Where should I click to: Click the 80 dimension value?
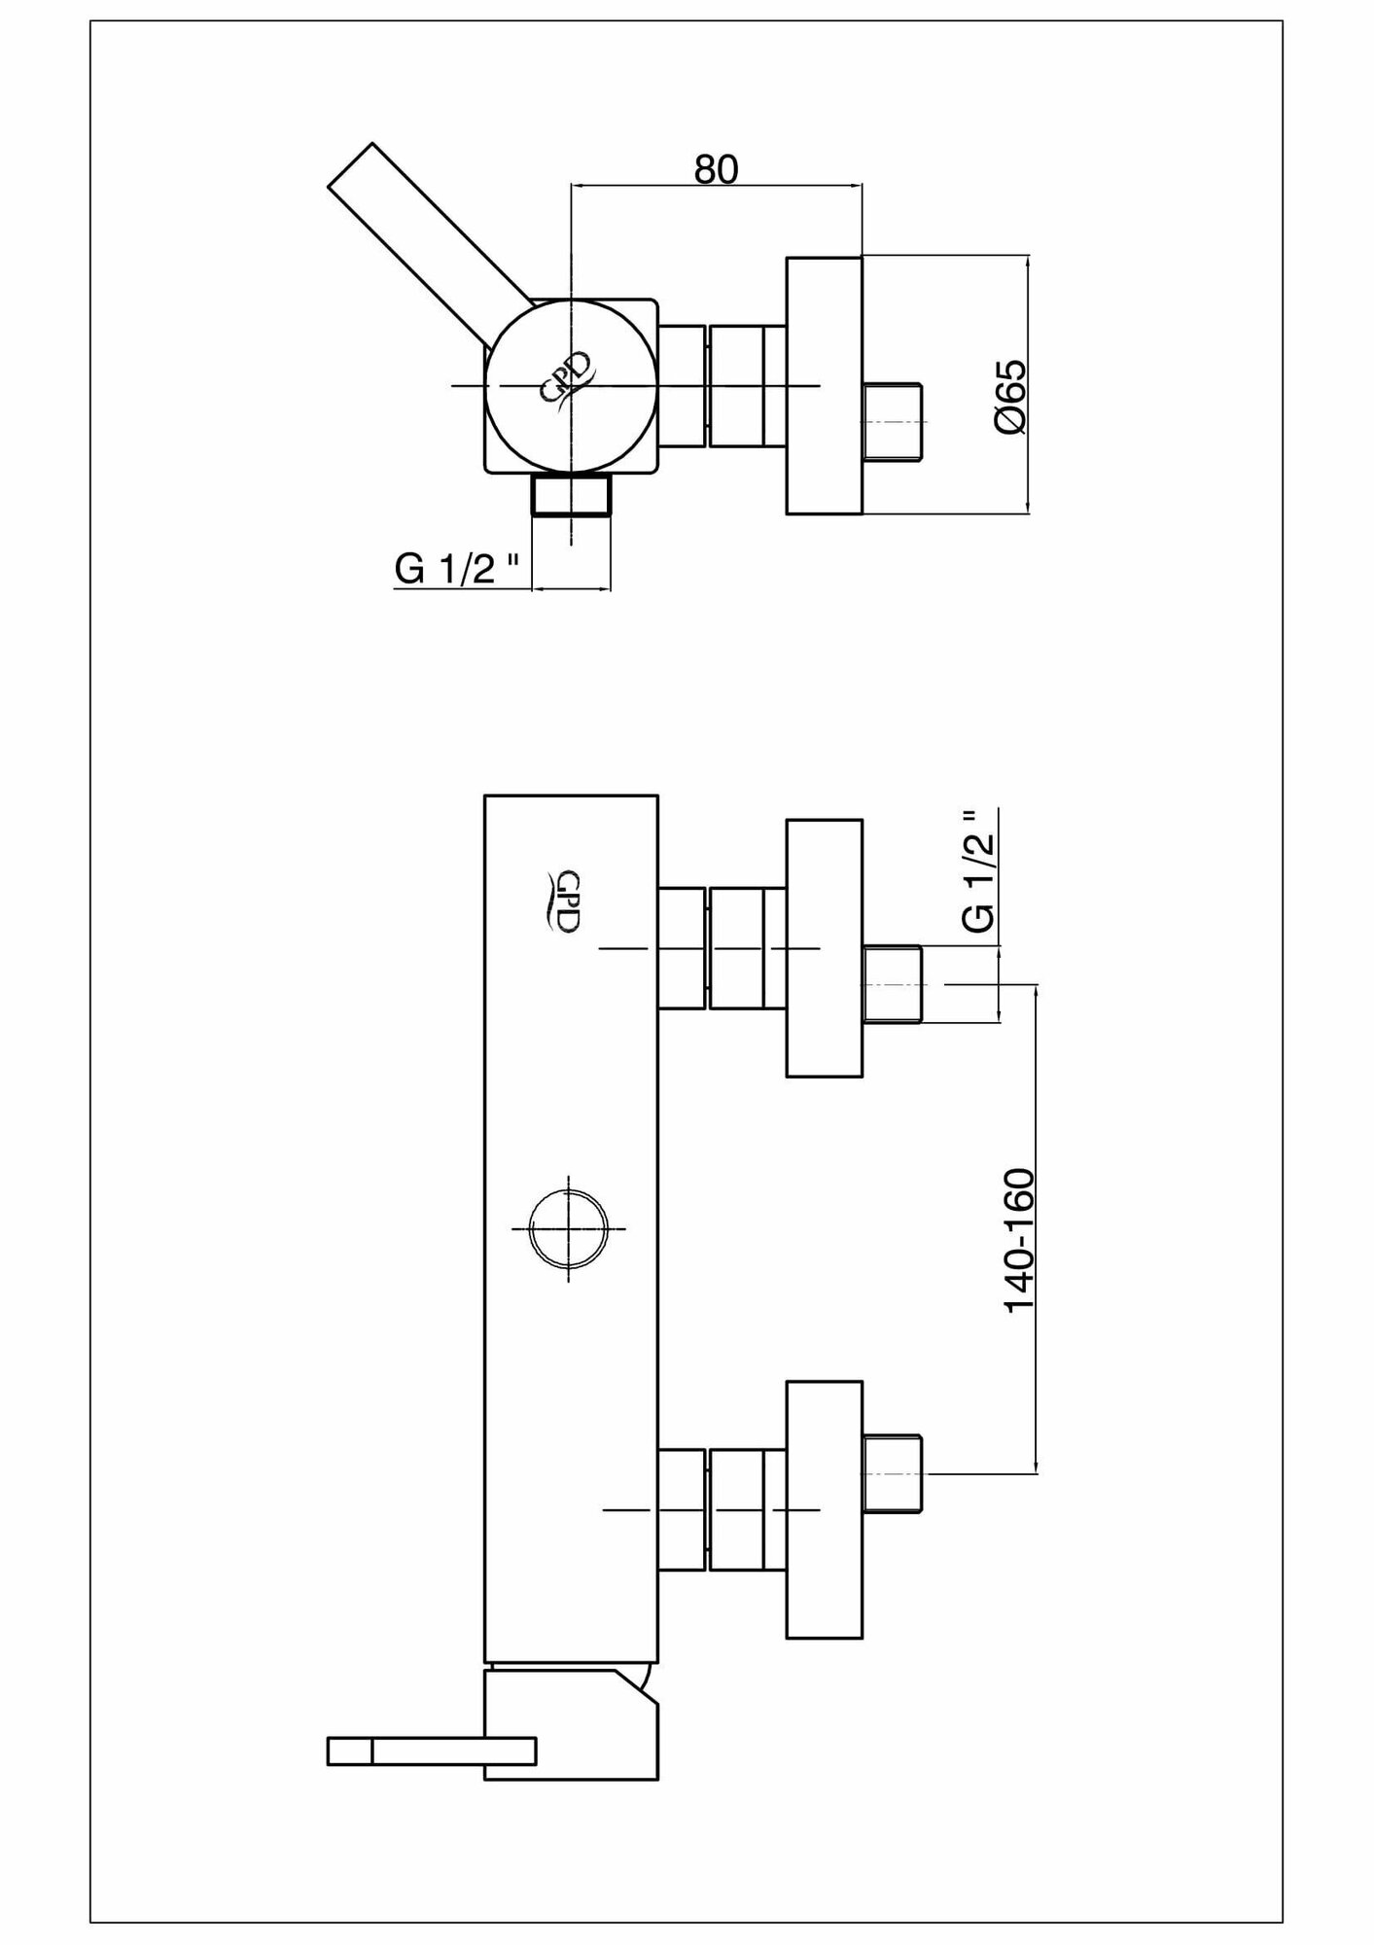[717, 169]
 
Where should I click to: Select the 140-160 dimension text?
[1020, 1240]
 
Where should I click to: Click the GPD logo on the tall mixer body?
[563, 901]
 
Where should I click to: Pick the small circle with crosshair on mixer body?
[568, 1228]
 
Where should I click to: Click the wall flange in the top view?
[824, 385]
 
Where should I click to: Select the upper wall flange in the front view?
[824, 948]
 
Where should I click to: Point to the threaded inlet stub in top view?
[893, 421]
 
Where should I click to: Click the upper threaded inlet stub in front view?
[893, 984]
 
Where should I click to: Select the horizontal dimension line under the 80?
[717, 185]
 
